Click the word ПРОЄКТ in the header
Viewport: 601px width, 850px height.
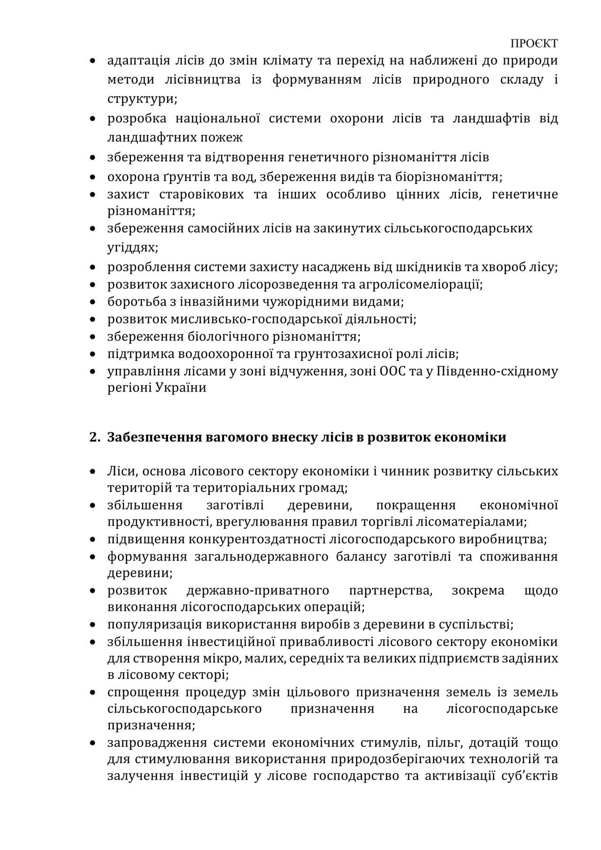coord(534,44)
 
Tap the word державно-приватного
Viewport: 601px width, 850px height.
coord(258,590)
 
